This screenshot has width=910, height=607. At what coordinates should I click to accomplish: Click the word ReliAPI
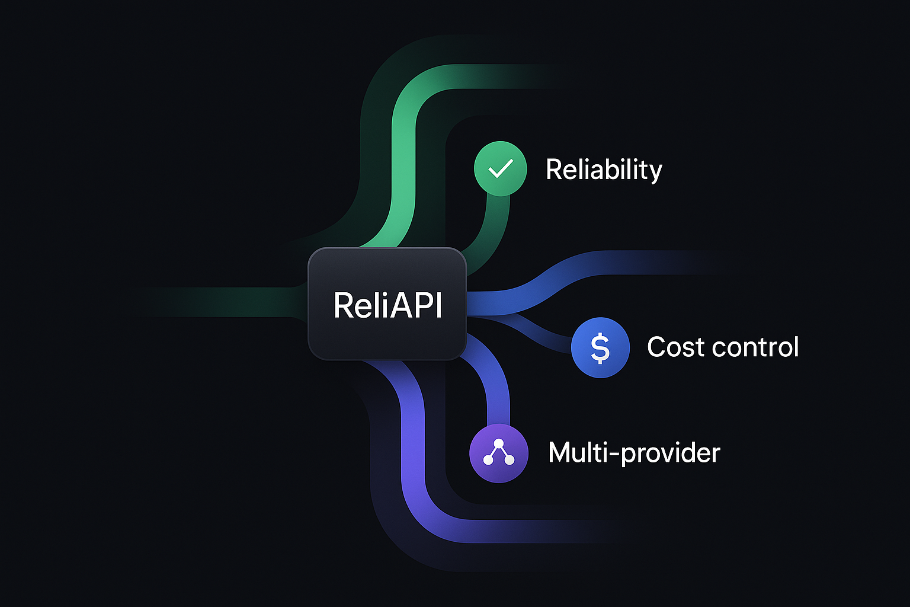[x=387, y=305]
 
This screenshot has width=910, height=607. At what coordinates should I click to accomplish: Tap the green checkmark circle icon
[x=501, y=169]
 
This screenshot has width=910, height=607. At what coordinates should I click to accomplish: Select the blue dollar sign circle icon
[x=600, y=348]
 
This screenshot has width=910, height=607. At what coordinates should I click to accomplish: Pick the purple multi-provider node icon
[x=498, y=453]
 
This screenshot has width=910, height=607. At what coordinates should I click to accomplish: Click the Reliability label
[x=603, y=170]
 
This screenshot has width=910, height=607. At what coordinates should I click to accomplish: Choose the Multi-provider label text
[x=634, y=453]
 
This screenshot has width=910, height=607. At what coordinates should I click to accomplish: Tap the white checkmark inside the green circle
[x=500, y=169]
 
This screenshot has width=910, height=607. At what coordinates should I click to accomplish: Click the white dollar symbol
[x=600, y=348]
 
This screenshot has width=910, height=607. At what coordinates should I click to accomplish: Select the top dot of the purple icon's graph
[x=498, y=443]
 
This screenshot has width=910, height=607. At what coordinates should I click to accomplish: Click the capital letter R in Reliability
[x=553, y=170]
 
